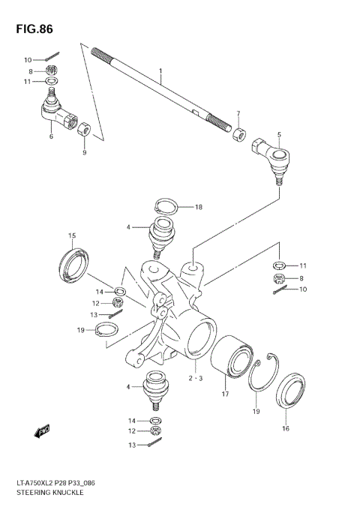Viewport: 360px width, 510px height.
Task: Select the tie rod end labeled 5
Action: click(x=272, y=158)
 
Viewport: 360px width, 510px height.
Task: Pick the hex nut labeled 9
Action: click(x=85, y=129)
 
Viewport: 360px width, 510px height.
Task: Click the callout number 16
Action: click(x=285, y=428)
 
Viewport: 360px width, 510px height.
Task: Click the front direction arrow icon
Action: click(x=42, y=431)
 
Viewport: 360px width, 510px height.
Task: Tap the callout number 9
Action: click(x=85, y=153)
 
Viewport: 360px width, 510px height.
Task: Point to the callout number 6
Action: click(x=50, y=136)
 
